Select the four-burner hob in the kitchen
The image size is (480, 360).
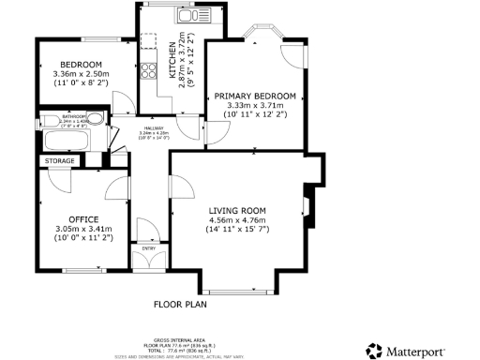coord(148,67)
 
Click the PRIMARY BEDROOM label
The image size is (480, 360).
coord(255,96)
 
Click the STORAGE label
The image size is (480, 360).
coord(58,162)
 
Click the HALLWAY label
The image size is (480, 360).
coord(153,128)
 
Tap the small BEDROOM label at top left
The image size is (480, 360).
coord(69,65)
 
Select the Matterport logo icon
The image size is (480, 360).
coord(373,351)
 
